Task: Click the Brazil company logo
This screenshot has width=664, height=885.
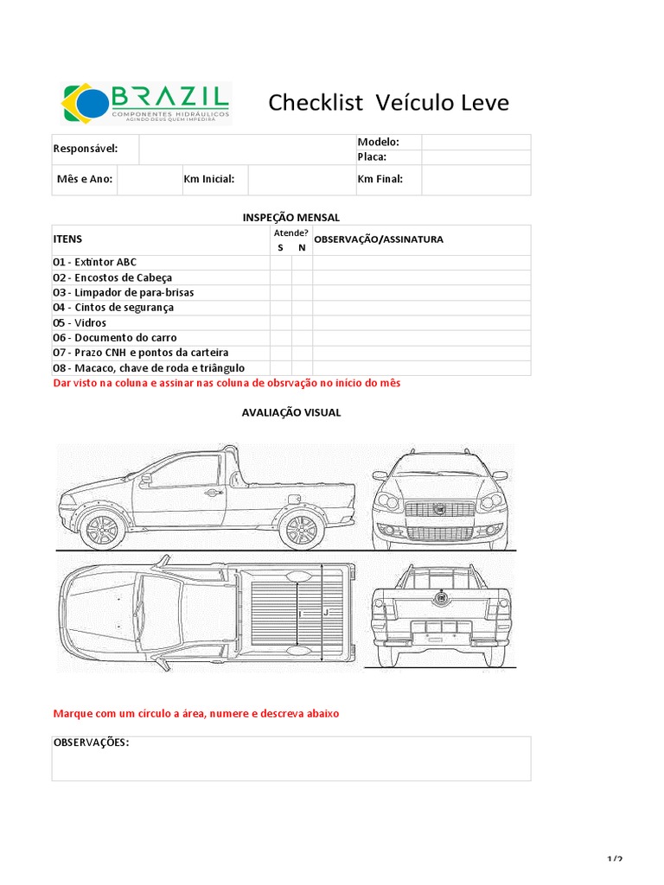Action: point(144,104)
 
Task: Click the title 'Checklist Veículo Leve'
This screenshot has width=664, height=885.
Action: point(388,104)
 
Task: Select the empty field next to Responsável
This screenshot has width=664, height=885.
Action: point(246,149)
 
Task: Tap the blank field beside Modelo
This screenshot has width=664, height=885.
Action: point(476,142)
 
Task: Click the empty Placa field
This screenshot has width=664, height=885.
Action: point(476,157)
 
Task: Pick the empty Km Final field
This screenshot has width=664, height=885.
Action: point(476,180)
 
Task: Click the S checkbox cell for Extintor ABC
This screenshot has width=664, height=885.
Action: point(280,263)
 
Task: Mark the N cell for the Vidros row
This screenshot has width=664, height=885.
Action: point(302,323)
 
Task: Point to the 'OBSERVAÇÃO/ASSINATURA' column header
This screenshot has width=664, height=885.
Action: point(379,239)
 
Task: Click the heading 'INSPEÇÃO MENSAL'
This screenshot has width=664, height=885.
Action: point(290,217)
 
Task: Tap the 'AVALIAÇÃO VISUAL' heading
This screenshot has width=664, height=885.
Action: point(290,413)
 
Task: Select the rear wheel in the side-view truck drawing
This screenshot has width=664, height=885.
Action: point(299,528)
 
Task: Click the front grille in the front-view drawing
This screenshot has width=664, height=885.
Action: point(439,511)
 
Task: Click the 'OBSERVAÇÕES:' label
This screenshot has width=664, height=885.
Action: point(92,742)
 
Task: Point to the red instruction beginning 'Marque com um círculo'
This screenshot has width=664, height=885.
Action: point(196,715)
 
